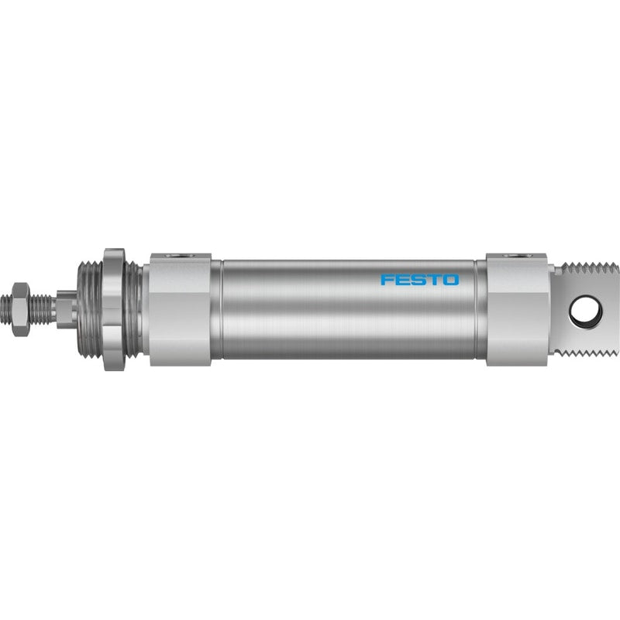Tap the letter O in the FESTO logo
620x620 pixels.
450,280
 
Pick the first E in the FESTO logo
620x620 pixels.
401,280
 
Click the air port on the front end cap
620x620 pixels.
181,256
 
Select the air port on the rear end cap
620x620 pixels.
517,256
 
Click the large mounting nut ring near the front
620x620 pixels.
114,309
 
